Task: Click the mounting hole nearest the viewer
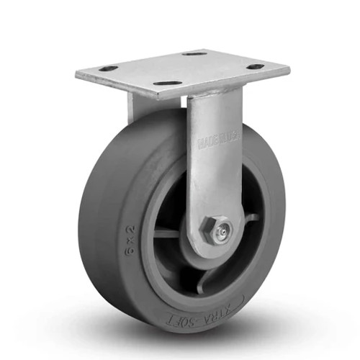pyautogui.click(x=167, y=84)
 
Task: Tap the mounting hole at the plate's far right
pyautogui.click(x=256, y=67)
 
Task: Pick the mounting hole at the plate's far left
pyautogui.click(x=108, y=68)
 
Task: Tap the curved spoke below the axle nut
pyautogui.click(x=209, y=277)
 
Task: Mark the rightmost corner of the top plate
pyautogui.click(x=289, y=70)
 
